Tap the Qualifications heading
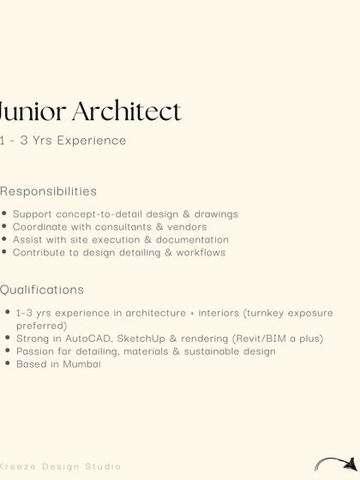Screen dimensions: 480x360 point(42,290)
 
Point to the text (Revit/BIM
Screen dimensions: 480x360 point(260,339)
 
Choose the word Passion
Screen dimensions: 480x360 point(35,351)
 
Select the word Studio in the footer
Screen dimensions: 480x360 point(104,467)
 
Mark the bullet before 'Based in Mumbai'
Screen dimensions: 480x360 point(8,364)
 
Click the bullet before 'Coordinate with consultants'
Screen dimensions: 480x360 point(5,227)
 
